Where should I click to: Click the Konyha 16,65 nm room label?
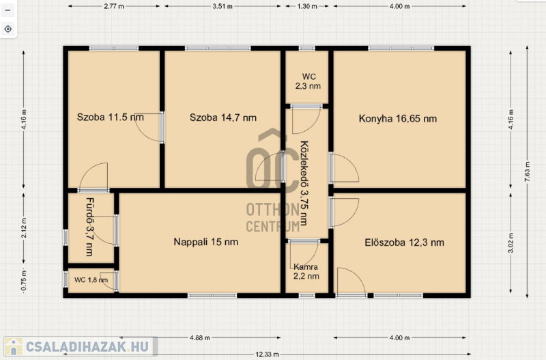(x=398, y=118)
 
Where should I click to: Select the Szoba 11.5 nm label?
(x=111, y=117)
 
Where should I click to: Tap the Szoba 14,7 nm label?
(x=223, y=117)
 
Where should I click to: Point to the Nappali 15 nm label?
(x=206, y=242)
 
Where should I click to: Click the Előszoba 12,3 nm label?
(x=404, y=243)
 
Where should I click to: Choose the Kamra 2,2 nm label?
(x=306, y=271)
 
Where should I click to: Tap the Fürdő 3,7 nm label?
(x=90, y=227)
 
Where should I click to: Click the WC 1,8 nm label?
(x=91, y=280)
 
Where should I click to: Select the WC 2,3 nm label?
(x=308, y=81)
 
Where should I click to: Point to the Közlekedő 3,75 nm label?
(x=304, y=183)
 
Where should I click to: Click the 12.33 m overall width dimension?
(x=267, y=355)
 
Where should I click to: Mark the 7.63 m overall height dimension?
(x=527, y=171)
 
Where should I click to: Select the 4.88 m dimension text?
(x=200, y=337)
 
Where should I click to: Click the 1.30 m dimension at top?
(x=307, y=6)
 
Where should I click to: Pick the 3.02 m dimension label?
(x=511, y=243)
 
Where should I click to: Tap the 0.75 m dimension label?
(x=24, y=281)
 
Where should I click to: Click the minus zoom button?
(x=8, y=10)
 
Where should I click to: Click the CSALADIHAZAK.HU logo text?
(x=87, y=347)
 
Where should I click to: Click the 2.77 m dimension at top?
(x=114, y=6)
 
